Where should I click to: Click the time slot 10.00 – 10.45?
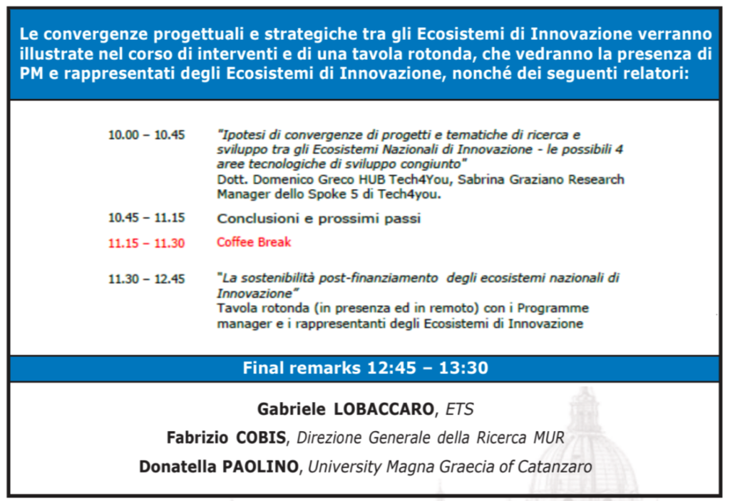tap(146, 135)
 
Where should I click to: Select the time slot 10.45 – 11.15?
tap(146, 218)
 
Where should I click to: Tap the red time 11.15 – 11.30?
tap(146, 243)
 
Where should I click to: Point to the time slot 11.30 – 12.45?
tap(146, 279)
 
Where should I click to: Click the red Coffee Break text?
tap(254, 242)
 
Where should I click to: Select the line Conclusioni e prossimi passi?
tap(319, 218)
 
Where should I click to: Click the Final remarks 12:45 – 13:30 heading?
tap(366, 368)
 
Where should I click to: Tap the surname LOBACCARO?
tap(384, 409)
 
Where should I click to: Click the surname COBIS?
tap(261, 438)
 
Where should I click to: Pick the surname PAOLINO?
tap(259, 467)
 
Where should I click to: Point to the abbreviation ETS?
tap(460, 409)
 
